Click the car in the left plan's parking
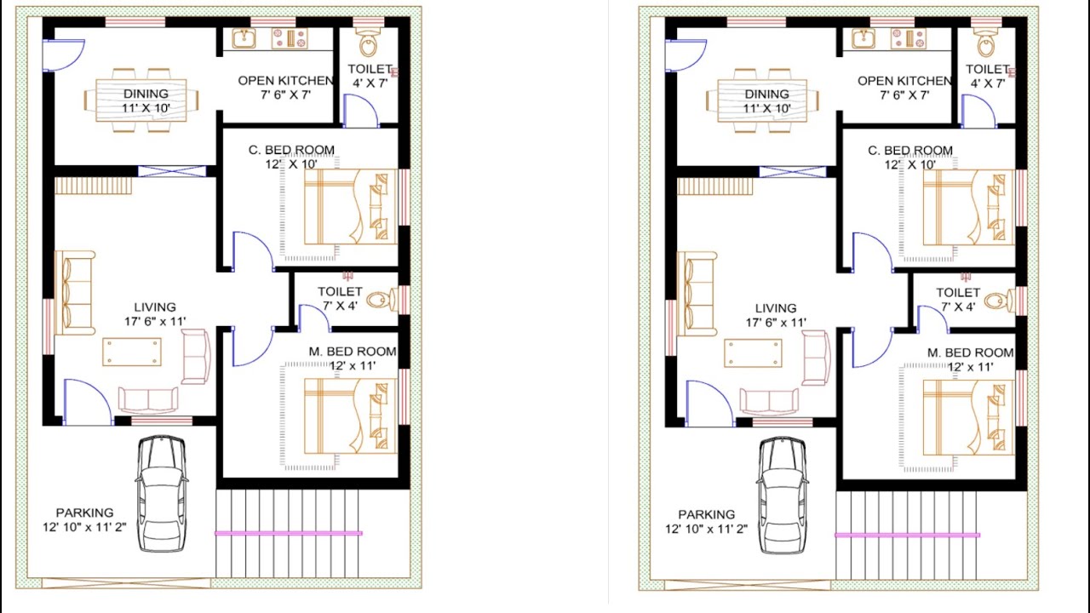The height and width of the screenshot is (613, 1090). (161, 493)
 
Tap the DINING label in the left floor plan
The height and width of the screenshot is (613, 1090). (146, 94)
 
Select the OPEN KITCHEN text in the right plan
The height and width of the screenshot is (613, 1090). (904, 81)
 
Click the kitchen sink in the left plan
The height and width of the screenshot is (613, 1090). (243, 38)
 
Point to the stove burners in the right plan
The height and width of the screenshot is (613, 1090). (909, 38)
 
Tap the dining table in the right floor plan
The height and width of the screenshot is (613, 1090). (762, 100)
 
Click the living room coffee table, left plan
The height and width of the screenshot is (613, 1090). (131, 352)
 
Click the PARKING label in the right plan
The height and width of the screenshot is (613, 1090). (707, 514)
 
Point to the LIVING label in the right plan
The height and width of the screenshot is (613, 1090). (776, 308)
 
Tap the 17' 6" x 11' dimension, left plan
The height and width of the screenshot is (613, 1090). (155, 322)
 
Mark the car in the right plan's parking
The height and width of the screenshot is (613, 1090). (783, 493)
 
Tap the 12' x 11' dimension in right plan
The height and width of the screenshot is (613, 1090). (971, 367)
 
